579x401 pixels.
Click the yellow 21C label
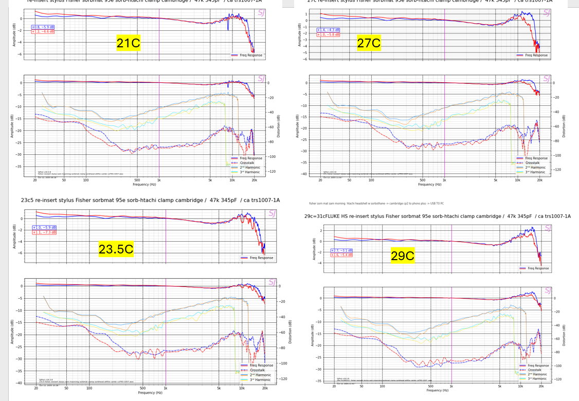pyautogui.click(x=128, y=43)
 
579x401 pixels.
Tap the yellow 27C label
pyautogui.click(x=369, y=43)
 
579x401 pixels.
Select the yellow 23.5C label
pyautogui.click(x=116, y=249)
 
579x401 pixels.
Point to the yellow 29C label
pyautogui.click(x=402, y=256)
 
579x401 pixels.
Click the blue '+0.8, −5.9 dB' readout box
pyautogui.click(x=43, y=27)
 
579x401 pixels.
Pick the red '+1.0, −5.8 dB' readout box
pyautogui.click(x=328, y=34)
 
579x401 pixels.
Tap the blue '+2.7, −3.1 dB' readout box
pyautogui.click(x=341, y=250)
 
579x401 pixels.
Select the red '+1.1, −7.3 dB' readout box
pyautogui.click(x=44, y=232)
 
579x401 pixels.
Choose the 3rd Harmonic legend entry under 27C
pyautogui.click(x=535, y=172)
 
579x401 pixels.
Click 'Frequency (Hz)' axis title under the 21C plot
pyautogui.click(x=144, y=184)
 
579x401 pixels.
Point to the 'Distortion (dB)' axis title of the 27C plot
pyautogui.click(x=564, y=125)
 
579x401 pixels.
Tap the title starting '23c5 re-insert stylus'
pyautogui.click(x=150, y=200)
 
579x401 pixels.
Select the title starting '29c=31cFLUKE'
pyautogui.click(x=437, y=216)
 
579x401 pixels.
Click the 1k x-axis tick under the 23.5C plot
pyautogui.click(x=165, y=388)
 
